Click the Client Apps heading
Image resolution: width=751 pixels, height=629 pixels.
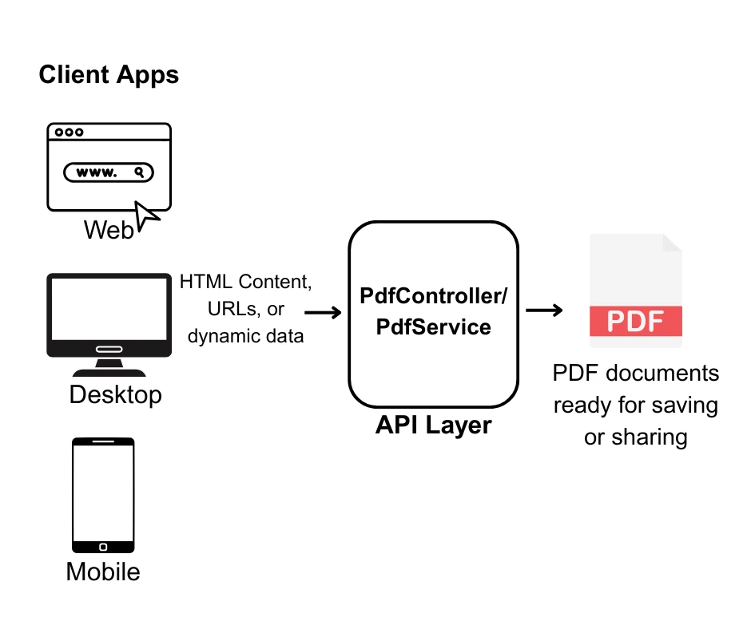(x=109, y=75)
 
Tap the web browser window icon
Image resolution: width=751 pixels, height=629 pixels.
(x=109, y=166)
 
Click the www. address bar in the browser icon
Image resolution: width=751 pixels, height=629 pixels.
(x=109, y=172)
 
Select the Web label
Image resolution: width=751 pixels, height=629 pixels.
(x=109, y=231)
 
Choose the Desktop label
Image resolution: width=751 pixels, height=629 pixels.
(x=115, y=394)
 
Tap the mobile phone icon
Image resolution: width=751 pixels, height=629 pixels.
(x=103, y=495)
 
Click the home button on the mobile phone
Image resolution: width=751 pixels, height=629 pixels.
(x=103, y=547)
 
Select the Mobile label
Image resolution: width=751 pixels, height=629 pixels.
(x=103, y=572)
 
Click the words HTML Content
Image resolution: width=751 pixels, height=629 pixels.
(x=245, y=282)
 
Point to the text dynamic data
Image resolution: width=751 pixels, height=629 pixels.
(x=245, y=336)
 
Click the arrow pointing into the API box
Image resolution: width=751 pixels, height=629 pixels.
(x=324, y=312)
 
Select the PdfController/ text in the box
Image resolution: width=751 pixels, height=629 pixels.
(x=433, y=296)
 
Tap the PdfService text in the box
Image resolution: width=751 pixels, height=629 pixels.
(x=433, y=326)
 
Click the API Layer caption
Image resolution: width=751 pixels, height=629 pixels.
(x=433, y=425)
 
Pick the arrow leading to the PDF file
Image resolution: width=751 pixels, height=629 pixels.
(x=544, y=311)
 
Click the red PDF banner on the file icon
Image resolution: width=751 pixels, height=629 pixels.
(x=636, y=321)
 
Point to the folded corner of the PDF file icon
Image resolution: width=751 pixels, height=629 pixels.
(x=672, y=243)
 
